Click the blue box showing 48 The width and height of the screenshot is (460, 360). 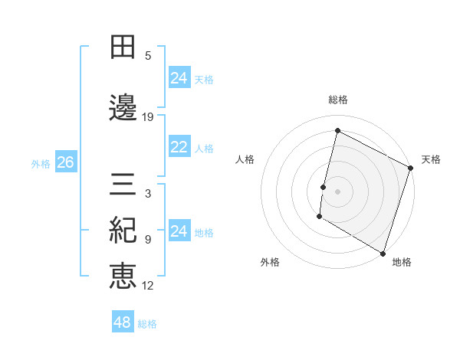[123, 322]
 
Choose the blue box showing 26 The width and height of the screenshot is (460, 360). [66, 162]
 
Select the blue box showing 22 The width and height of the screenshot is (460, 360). [179, 148]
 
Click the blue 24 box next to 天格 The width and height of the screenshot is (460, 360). [179, 78]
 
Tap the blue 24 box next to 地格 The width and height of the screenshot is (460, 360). [179, 231]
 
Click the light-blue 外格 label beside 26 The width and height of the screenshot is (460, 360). [41, 163]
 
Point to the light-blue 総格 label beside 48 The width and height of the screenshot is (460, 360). [147, 324]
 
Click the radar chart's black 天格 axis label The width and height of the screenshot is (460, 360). [431, 159]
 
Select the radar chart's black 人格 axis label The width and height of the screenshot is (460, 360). [245, 159]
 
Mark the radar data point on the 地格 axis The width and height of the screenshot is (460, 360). [383, 253]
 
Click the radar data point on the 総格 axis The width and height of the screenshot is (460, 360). [337, 131]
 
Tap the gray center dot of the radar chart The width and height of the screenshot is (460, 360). [337, 191]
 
